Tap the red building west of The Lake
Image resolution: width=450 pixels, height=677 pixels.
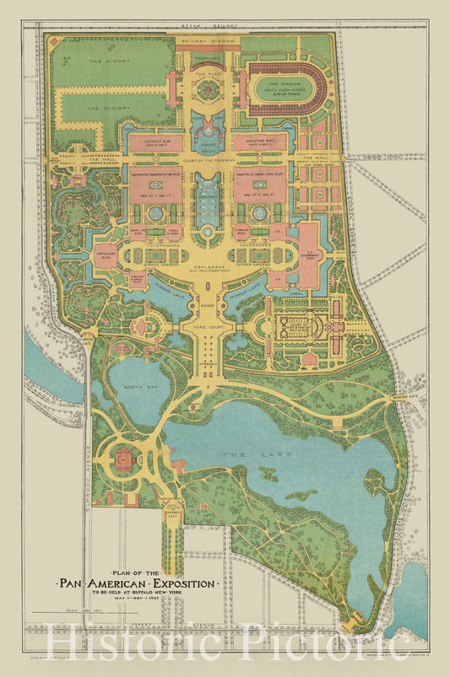tap(123, 459)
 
